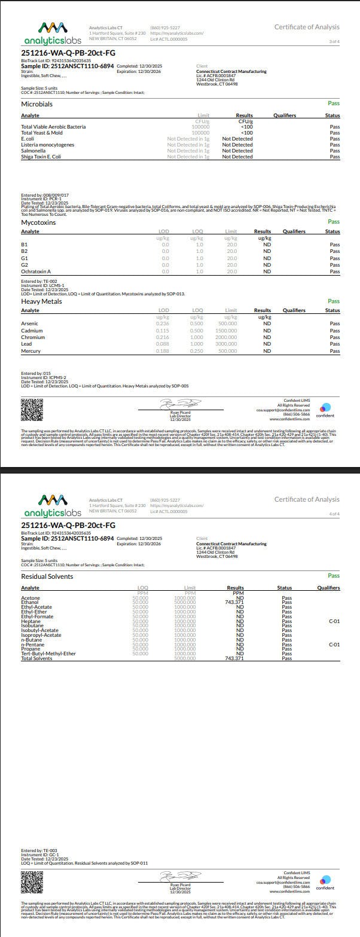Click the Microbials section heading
coord(36,104)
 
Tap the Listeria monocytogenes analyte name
coord(47,145)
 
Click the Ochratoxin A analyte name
coord(36,271)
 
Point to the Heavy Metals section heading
coord(41,301)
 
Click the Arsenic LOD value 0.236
coord(162,323)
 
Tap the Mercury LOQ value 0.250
coord(196,351)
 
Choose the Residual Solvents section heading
coord(47,576)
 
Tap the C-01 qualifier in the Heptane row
coord(334,621)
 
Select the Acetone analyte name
coord(30,597)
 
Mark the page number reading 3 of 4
coord(334,41)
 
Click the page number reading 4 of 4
coord(334,514)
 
